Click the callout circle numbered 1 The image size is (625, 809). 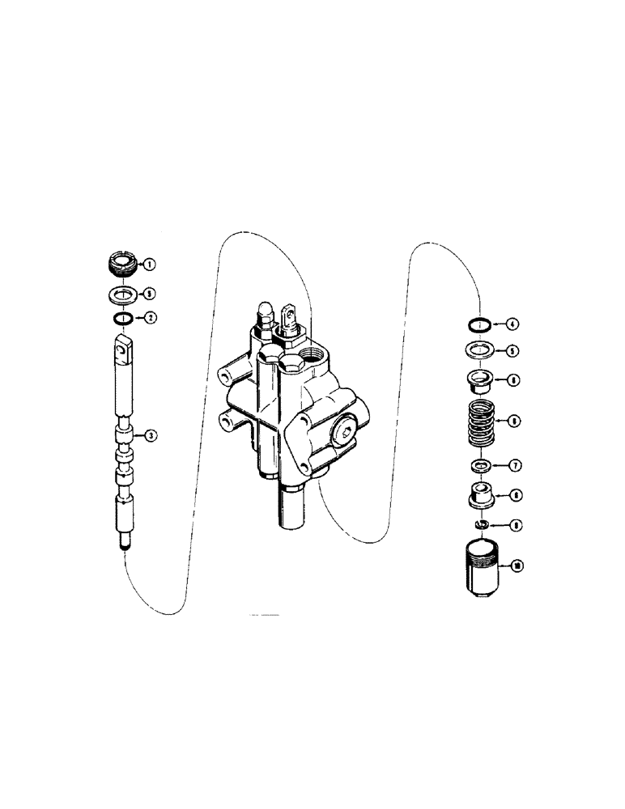pos(151,264)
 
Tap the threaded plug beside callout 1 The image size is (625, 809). pos(121,264)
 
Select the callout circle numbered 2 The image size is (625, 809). pos(151,318)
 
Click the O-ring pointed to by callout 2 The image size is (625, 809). pos(121,319)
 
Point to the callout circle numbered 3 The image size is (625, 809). pos(151,436)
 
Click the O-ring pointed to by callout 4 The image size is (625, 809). pos(481,325)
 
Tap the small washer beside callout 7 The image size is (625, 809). pos(482,466)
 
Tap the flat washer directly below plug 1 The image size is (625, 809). pos(121,293)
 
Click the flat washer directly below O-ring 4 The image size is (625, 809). pos(482,351)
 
